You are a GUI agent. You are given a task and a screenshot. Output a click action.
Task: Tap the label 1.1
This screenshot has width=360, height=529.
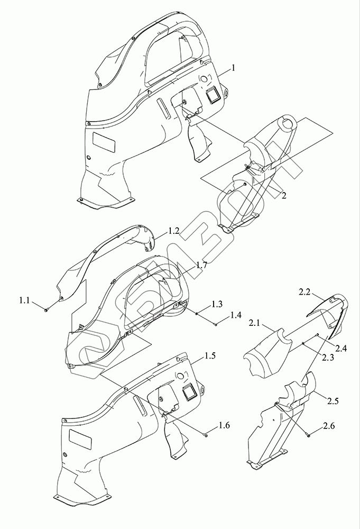pos(24,300)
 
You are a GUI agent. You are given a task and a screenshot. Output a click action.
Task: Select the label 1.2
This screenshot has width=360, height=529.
pos(174,231)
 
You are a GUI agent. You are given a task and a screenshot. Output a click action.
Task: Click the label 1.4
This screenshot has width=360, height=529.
pos(235,316)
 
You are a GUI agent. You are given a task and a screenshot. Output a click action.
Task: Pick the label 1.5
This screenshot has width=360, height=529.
pos(210,356)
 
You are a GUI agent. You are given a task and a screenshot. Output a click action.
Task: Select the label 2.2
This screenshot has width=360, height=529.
pos(306,291)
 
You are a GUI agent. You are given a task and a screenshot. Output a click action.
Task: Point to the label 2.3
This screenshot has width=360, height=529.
pos(328,358)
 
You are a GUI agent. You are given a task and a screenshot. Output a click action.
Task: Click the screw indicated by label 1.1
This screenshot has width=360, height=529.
pos(47,310)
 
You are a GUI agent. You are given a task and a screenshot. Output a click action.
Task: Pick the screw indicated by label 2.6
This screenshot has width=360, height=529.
pos(307,435)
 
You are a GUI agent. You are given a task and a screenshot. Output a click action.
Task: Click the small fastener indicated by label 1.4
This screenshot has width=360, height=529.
pos(216,324)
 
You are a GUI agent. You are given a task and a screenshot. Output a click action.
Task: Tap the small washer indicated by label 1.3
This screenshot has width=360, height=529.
pos(198,313)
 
